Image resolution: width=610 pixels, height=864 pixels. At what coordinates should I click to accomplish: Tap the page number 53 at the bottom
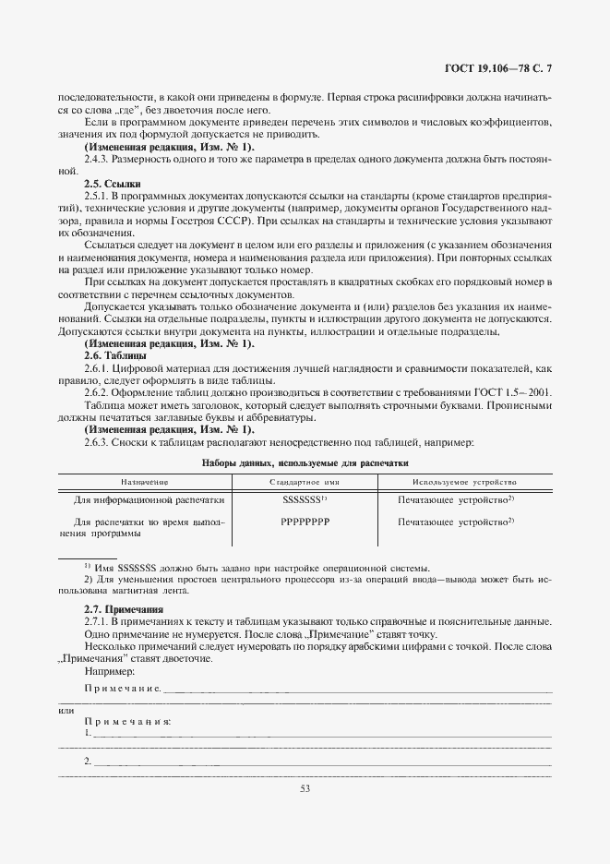(305, 787)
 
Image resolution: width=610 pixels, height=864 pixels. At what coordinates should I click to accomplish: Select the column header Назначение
(144, 482)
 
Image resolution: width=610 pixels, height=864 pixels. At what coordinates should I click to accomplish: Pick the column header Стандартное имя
(305, 482)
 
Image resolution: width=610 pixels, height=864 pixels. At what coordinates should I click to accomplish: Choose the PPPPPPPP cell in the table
(305, 522)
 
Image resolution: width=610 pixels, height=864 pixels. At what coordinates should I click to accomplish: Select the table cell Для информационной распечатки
(150, 500)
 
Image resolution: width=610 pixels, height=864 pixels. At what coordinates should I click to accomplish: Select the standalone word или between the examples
(66, 710)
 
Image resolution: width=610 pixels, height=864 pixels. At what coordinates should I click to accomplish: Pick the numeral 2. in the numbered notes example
(88, 762)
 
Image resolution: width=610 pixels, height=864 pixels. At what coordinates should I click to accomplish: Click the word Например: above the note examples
(108, 673)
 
